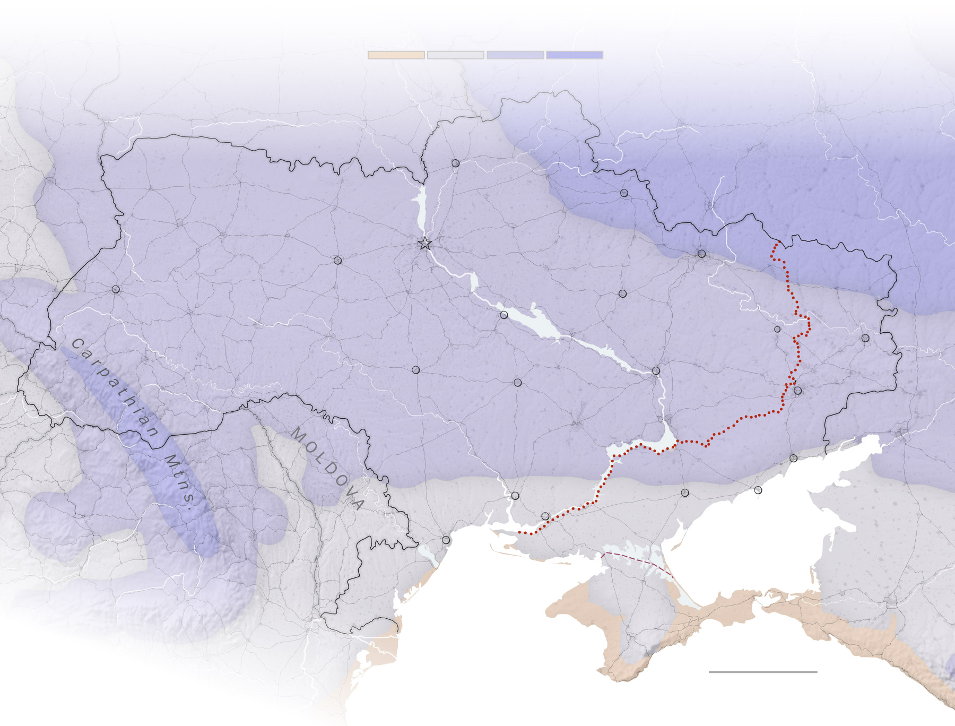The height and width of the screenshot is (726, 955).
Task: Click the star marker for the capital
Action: click(424, 244)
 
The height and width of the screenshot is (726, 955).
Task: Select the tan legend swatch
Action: click(396, 55)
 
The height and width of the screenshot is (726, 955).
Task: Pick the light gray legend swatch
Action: click(455, 55)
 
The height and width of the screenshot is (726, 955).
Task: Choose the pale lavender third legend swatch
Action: click(515, 55)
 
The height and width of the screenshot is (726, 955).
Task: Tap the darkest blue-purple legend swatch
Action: click(574, 55)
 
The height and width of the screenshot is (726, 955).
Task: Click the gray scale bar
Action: click(762, 671)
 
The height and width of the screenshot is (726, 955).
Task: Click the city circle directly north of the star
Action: click(455, 163)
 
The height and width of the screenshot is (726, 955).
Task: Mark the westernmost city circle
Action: click(116, 289)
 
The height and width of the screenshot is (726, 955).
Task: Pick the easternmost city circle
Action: click(865, 338)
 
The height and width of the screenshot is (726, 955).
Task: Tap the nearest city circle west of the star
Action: click(337, 260)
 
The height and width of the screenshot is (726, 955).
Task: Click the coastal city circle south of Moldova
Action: click(446, 540)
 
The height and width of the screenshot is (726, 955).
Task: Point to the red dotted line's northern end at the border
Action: click(778, 244)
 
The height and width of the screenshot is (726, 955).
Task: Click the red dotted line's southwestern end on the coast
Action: click(520, 532)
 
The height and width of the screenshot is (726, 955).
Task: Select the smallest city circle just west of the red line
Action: click(777, 329)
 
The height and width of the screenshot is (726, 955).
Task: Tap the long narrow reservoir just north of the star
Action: click(422, 210)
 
